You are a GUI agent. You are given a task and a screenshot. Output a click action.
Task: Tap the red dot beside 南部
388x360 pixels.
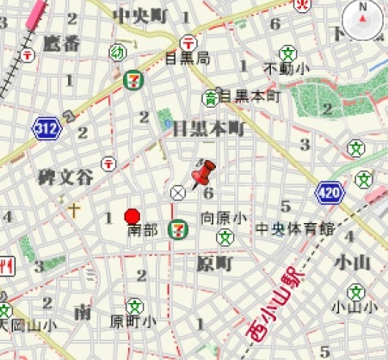[132, 216]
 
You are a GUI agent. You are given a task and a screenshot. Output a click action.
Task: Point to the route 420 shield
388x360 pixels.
[328, 192]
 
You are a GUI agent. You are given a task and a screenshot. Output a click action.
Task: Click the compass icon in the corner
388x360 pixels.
[360, 19]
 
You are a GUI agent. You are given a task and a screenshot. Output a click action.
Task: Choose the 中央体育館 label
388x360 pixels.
[294, 229]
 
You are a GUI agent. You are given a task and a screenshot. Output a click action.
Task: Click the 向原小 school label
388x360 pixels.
[225, 218]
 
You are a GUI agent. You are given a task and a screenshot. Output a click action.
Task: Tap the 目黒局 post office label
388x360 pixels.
[187, 58]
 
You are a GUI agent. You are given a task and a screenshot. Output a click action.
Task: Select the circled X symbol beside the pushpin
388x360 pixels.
[178, 192]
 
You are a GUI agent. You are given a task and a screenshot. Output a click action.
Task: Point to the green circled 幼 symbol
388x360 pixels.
[115, 53]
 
